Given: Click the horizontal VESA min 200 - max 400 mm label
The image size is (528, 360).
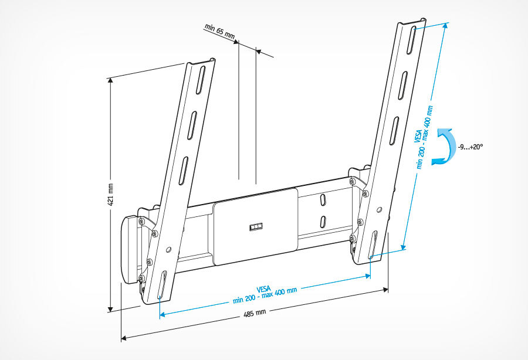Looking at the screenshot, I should [265, 294].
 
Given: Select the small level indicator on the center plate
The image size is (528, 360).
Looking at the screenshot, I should [255, 226].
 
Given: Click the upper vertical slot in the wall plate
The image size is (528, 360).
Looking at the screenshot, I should [322, 200].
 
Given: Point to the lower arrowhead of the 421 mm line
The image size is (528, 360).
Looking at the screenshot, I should [110, 308].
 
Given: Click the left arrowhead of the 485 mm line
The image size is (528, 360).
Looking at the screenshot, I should [124, 337].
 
